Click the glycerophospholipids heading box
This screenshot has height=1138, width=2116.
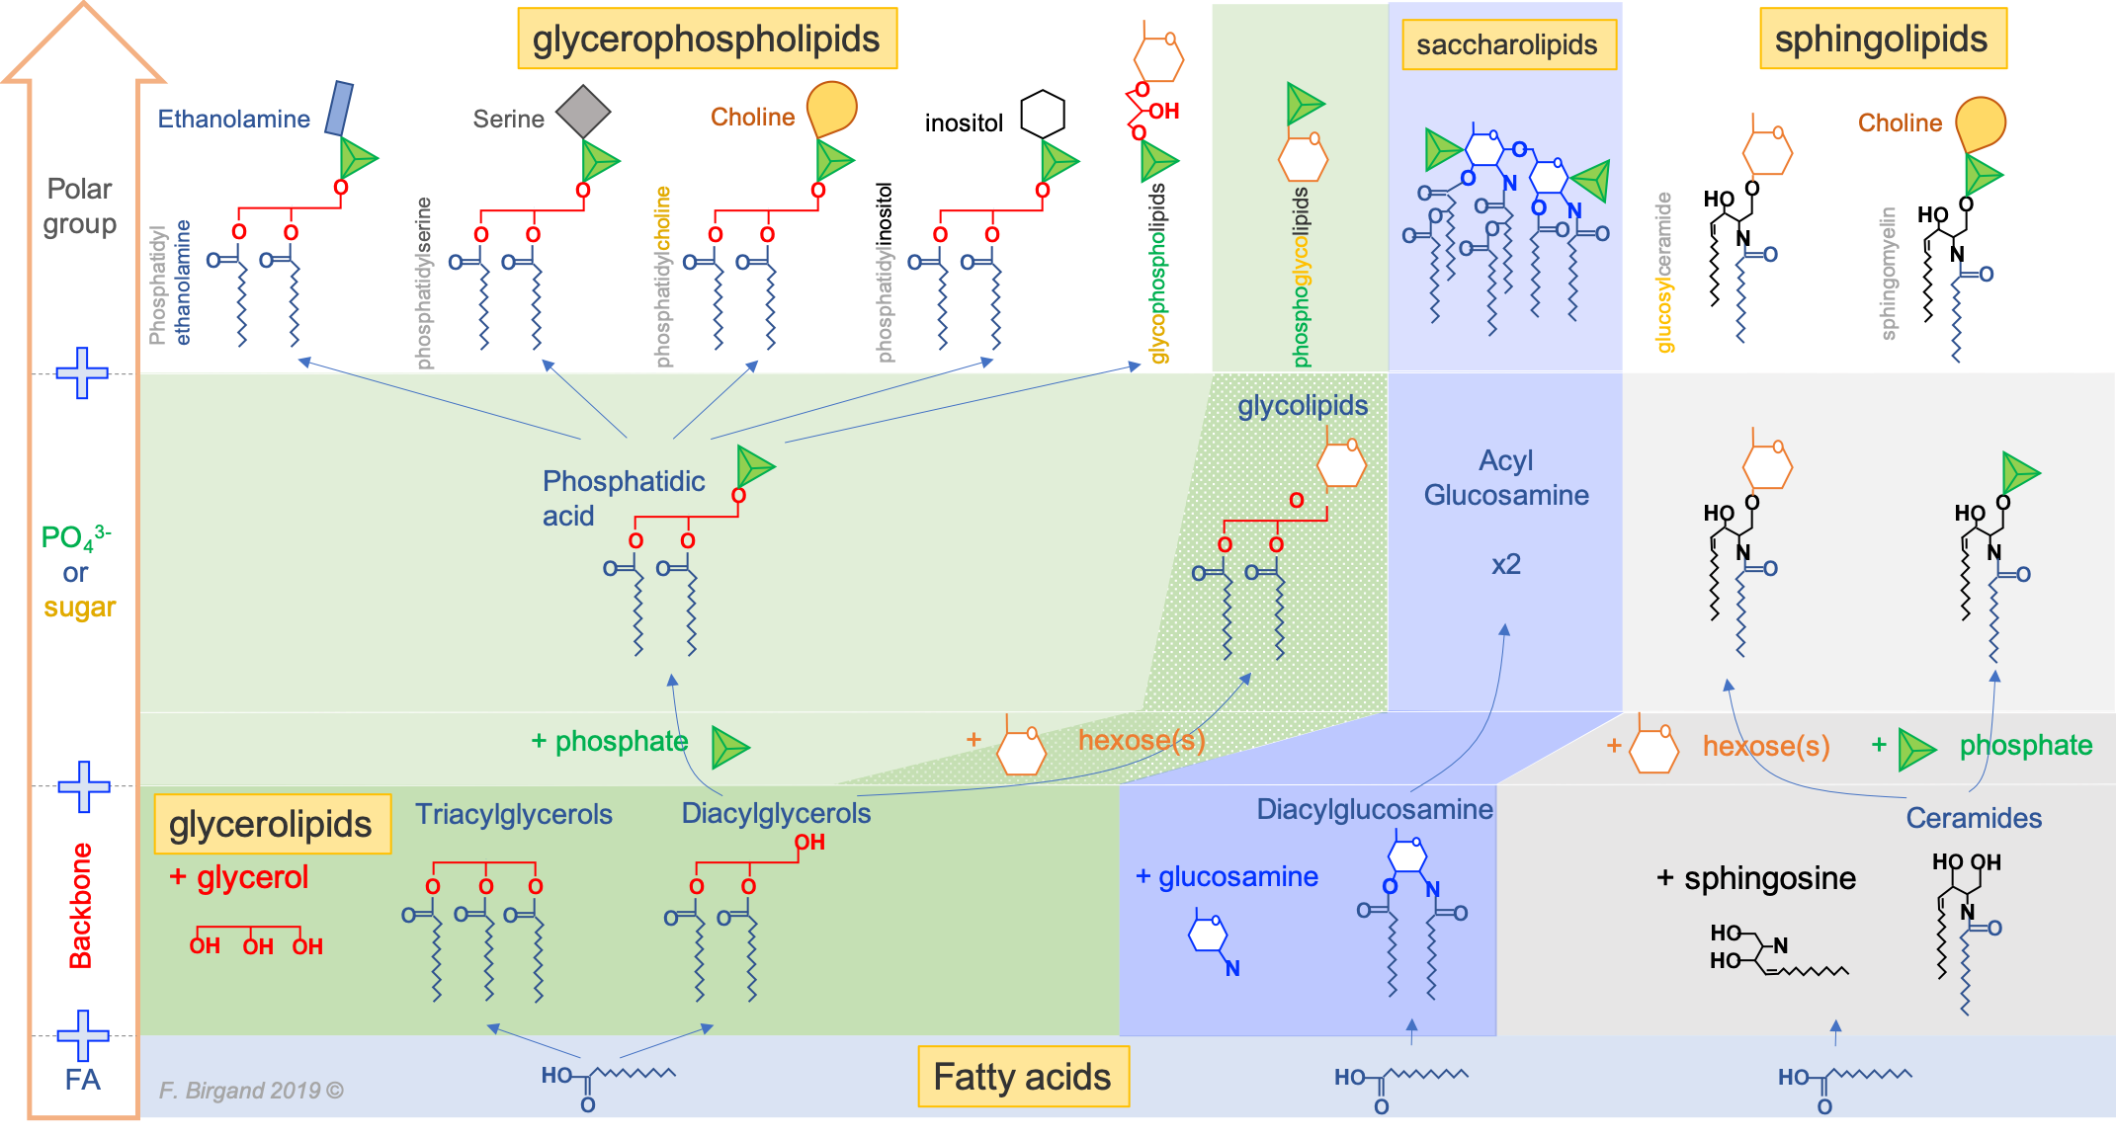point(707,40)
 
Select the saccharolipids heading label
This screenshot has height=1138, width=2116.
point(1507,45)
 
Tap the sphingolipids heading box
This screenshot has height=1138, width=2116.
point(1882,40)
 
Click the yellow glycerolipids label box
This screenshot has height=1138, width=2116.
point(271,825)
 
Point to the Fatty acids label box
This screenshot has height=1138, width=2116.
point(1023,1077)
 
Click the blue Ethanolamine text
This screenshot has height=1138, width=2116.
point(234,120)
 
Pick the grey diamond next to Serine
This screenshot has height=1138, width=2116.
point(582,111)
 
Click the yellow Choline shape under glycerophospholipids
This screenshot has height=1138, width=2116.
point(831,107)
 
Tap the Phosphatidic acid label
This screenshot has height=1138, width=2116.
point(623,498)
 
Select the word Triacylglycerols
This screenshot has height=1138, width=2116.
point(514,815)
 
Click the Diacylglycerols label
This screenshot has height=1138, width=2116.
point(776,814)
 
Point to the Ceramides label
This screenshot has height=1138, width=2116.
point(1974,819)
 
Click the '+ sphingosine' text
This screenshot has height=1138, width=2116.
point(1756,878)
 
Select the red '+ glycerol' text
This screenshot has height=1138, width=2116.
point(239,877)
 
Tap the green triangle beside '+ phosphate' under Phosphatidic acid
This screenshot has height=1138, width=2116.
point(730,747)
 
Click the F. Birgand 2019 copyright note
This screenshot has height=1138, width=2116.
point(251,1091)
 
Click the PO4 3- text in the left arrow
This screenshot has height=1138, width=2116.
point(75,537)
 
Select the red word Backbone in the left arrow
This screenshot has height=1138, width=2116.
point(80,905)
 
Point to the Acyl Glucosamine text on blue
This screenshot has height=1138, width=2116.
point(1506,478)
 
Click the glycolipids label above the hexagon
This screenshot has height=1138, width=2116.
point(1303,406)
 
